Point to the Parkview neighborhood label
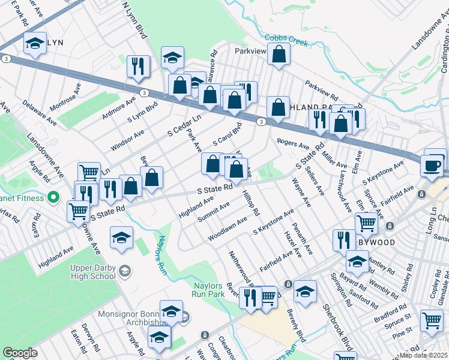[x=250, y=51]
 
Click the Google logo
[x=20, y=353]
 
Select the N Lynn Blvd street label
[x=134, y=19]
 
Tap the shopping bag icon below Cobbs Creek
[x=279, y=55]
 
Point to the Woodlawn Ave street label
[x=228, y=229]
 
